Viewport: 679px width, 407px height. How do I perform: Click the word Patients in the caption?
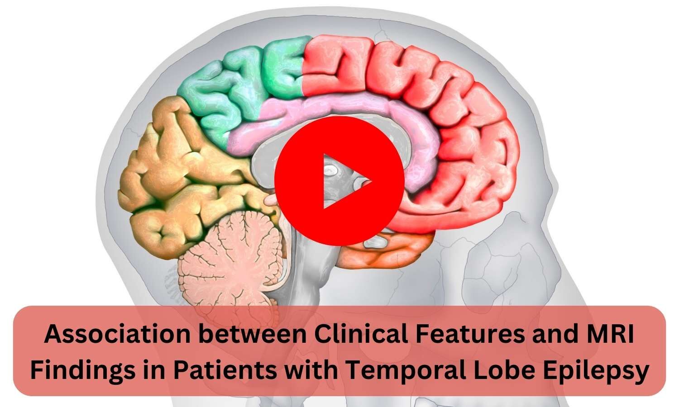click(x=231, y=371)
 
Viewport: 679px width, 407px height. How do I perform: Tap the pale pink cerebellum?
click(x=231, y=262)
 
